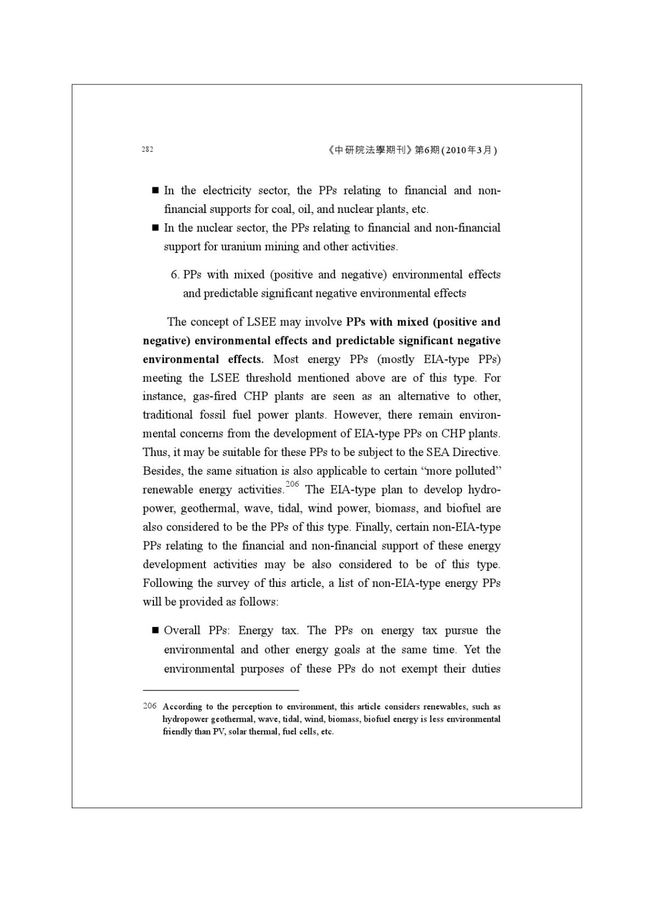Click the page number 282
[147, 149]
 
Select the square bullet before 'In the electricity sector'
[155, 191]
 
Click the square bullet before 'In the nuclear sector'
[155, 227]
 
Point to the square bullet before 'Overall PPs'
[155, 631]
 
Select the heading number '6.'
[175, 274]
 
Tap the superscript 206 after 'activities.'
[292, 484]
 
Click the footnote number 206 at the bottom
[150, 706]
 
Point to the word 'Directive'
[476, 452]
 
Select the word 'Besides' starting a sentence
[162, 471]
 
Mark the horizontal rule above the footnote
[221, 691]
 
